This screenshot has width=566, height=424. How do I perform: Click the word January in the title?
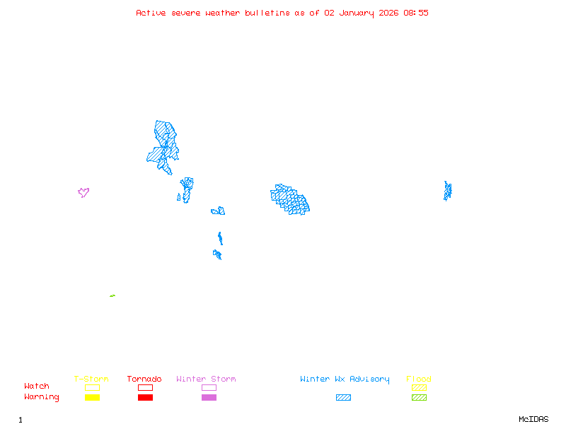click(x=359, y=13)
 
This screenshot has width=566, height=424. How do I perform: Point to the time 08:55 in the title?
click(x=416, y=13)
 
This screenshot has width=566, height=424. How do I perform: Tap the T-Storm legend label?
click(x=91, y=379)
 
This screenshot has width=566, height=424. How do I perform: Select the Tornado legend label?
click(x=144, y=379)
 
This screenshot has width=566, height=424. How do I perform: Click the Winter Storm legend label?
click(x=206, y=379)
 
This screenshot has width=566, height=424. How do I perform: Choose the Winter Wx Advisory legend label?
click(x=345, y=379)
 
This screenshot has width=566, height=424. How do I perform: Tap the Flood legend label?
click(x=419, y=379)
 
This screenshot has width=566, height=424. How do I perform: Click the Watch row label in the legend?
click(x=37, y=387)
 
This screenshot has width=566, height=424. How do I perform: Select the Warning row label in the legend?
click(x=42, y=397)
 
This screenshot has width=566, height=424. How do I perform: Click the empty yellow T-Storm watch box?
click(x=92, y=387)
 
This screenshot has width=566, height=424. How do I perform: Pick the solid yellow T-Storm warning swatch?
click(x=92, y=397)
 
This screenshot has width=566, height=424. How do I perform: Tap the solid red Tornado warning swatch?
click(x=145, y=397)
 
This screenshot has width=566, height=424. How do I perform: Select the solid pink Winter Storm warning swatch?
click(x=209, y=397)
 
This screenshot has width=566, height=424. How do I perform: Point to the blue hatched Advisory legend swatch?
click(x=343, y=397)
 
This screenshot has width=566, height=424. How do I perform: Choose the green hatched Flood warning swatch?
click(x=419, y=397)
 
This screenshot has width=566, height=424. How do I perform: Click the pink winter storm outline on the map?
click(x=83, y=192)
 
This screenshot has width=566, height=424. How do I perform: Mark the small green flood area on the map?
click(x=112, y=295)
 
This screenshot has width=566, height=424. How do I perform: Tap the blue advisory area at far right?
click(x=447, y=191)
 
